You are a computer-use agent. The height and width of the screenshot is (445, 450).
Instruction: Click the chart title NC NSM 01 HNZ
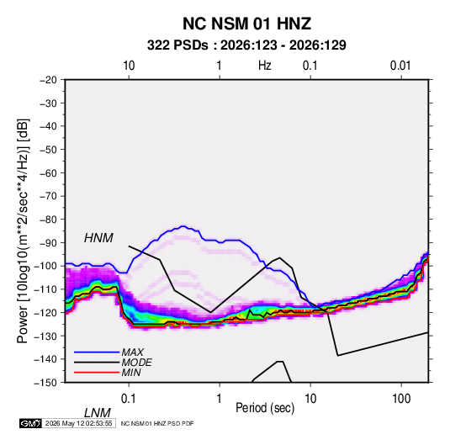246,24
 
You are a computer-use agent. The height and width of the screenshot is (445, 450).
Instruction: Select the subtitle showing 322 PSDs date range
246,45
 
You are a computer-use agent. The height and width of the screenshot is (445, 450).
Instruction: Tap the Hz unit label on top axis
265,66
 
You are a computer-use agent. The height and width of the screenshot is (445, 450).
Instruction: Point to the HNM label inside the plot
98,238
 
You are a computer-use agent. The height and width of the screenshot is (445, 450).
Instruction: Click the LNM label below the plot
97,413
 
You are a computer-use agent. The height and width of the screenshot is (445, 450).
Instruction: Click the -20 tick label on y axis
48,80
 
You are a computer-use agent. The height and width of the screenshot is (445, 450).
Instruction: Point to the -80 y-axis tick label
48,220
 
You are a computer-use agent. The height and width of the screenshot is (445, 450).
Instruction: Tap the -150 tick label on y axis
45,383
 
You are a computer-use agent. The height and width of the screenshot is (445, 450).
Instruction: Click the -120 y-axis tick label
45,313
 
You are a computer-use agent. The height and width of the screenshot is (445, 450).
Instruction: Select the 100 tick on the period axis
401,399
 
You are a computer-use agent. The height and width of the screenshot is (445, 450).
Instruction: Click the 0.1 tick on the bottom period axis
129,399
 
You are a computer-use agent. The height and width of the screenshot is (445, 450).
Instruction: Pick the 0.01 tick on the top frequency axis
400,66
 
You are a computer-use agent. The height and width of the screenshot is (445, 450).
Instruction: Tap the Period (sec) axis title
265,408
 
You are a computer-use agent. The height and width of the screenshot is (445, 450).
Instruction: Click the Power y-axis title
23,231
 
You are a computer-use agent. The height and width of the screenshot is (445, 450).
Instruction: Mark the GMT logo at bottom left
30,423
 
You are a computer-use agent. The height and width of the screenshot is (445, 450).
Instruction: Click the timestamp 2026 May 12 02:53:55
78,423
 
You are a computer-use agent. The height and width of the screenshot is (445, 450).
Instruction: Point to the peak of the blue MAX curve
183,226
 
